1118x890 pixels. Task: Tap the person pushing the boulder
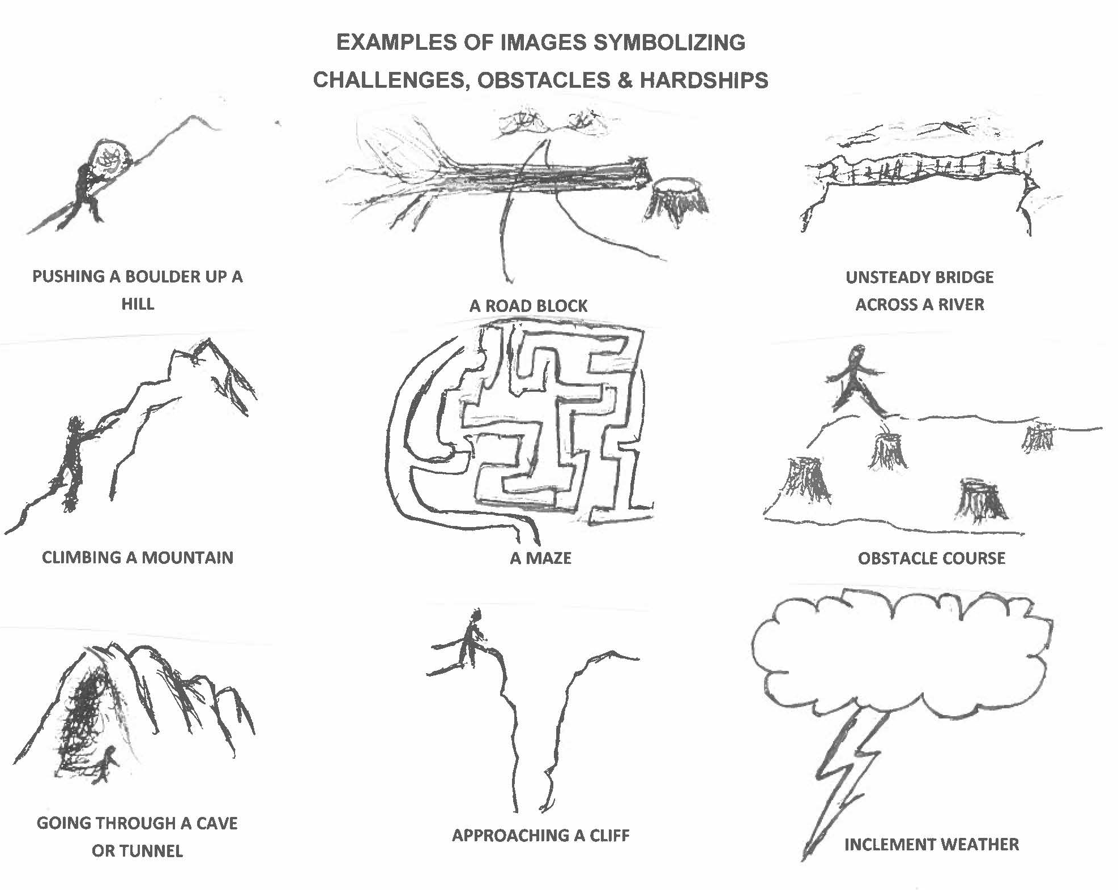click(x=88, y=190)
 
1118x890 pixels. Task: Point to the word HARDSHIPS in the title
click(x=704, y=80)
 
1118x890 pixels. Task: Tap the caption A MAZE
click(x=540, y=558)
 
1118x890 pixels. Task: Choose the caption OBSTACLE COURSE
click(x=931, y=558)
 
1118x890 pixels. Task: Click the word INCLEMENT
click(x=890, y=844)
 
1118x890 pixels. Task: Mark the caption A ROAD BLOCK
click(x=528, y=306)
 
